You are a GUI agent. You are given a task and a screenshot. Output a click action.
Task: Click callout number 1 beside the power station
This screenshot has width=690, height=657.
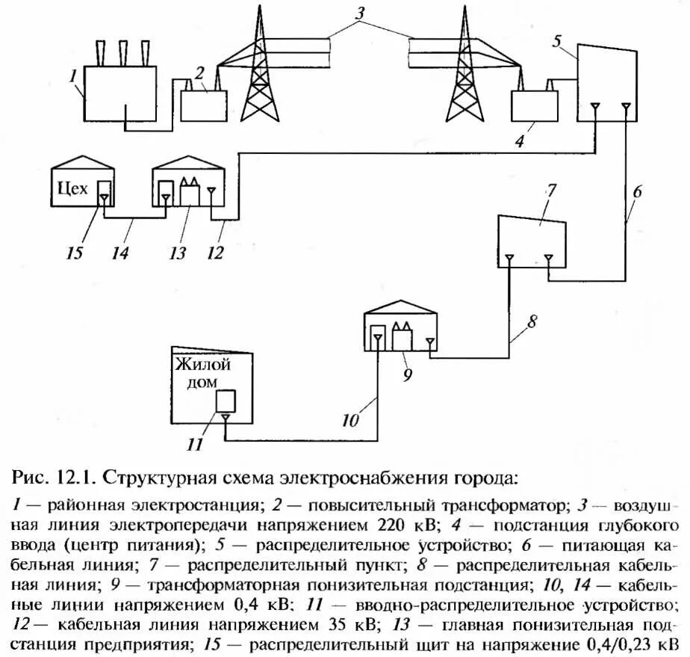[x=72, y=75]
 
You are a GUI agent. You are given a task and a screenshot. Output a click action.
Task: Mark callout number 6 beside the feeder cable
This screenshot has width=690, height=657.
[x=636, y=191]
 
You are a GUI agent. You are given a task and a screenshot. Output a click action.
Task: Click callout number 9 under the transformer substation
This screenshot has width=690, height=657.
[x=407, y=374]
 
